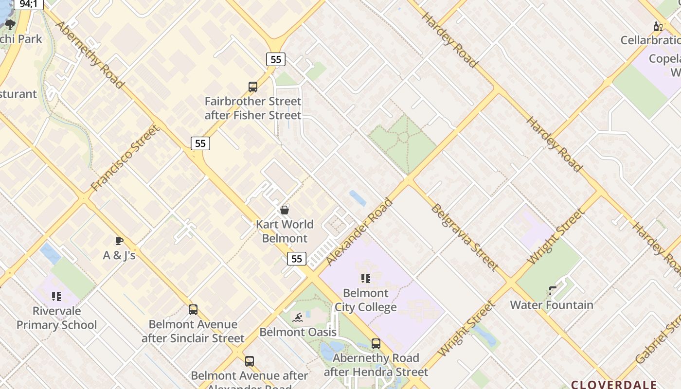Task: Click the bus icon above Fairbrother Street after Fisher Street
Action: tap(253, 87)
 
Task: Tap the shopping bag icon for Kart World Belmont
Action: tap(285, 210)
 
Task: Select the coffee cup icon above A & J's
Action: tap(119, 241)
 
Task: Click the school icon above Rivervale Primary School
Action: tap(56, 296)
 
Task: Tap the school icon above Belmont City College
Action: tap(366, 279)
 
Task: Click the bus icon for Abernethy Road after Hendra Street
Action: tap(376, 344)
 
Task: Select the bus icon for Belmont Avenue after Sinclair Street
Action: tap(193, 310)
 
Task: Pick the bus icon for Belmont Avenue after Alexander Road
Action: tap(250, 361)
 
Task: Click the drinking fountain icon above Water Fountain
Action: tap(552, 291)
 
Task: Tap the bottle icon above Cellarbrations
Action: tap(658, 26)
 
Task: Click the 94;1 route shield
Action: tap(28, 4)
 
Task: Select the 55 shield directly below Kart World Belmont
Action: tap(296, 258)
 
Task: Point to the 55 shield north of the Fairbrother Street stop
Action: tap(276, 59)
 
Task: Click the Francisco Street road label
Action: tap(125, 158)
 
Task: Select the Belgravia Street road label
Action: tap(464, 237)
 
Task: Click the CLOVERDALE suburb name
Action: tap(614, 384)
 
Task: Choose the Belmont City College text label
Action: tap(366, 300)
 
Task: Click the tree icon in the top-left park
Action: tap(10, 24)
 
